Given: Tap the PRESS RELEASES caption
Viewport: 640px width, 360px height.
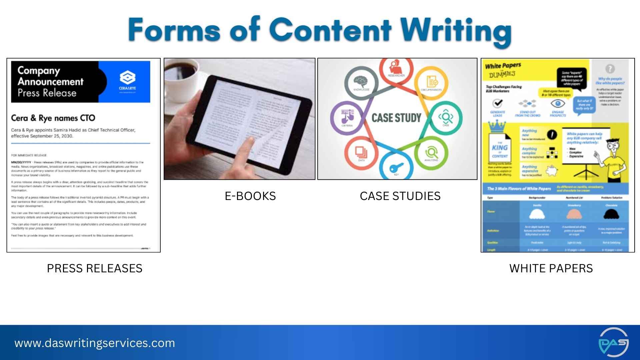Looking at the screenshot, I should tap(94, 268).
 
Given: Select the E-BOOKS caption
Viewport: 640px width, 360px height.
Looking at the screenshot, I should tap(250, 196).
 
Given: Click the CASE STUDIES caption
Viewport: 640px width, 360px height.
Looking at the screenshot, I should tap(400, 196).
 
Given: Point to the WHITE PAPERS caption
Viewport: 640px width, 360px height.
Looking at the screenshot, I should tap(551, 268).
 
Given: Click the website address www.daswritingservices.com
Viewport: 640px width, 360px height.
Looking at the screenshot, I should tap(95, 343).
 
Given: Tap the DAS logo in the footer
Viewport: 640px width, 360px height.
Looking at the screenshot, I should tap(613, 342).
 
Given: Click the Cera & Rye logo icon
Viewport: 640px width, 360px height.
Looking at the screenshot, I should tap(127, 78).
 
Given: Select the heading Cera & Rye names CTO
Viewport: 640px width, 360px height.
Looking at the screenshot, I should tap(53, 118).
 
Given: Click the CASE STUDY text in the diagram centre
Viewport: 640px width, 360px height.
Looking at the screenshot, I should tap(396, 118).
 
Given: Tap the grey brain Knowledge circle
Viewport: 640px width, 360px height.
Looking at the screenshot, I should tap(361, 82).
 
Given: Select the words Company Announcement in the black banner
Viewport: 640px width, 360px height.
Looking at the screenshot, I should tap(50, 76).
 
